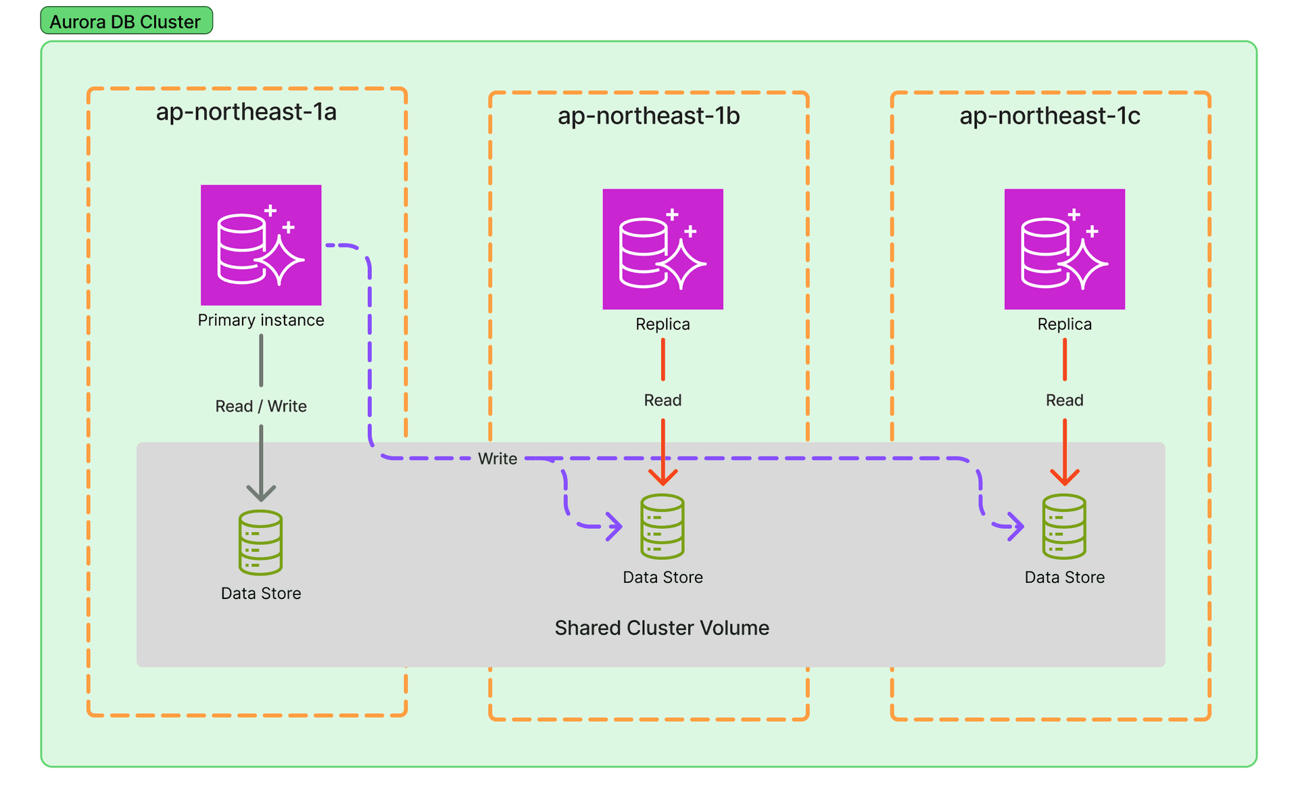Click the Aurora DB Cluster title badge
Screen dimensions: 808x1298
(x=126, y=21)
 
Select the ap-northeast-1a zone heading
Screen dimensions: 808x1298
(x=246, y=112)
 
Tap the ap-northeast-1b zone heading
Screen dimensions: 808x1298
(x=648, y=116)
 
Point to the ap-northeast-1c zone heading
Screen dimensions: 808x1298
(x=1050, y=116)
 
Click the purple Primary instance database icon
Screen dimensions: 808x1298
(x=261, y=245)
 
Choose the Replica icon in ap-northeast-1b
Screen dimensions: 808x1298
(x=663, y=249)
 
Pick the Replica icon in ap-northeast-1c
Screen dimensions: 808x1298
(x=1064, y=249)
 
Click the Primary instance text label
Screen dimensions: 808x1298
(x=261, y=320)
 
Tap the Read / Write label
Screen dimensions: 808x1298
(x=261, y=406)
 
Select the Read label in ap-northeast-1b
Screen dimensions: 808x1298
(x=663, y=400)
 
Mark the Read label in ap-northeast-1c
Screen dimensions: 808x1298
(x=1064, y=400)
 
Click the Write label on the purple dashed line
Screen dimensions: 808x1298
(x=498, y=459)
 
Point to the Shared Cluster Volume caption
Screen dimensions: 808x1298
(x=662, y=628)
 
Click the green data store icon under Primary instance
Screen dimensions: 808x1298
(x=261, y=542)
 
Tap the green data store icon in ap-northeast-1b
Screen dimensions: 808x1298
(x=663, y=526)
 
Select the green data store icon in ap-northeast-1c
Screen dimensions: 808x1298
(x=1064, y=526)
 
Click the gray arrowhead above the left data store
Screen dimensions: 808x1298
(x=261, y=492)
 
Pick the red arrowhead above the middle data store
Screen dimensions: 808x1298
(x=663, y=477)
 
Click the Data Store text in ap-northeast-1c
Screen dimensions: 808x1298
(x=1064, y=577)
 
